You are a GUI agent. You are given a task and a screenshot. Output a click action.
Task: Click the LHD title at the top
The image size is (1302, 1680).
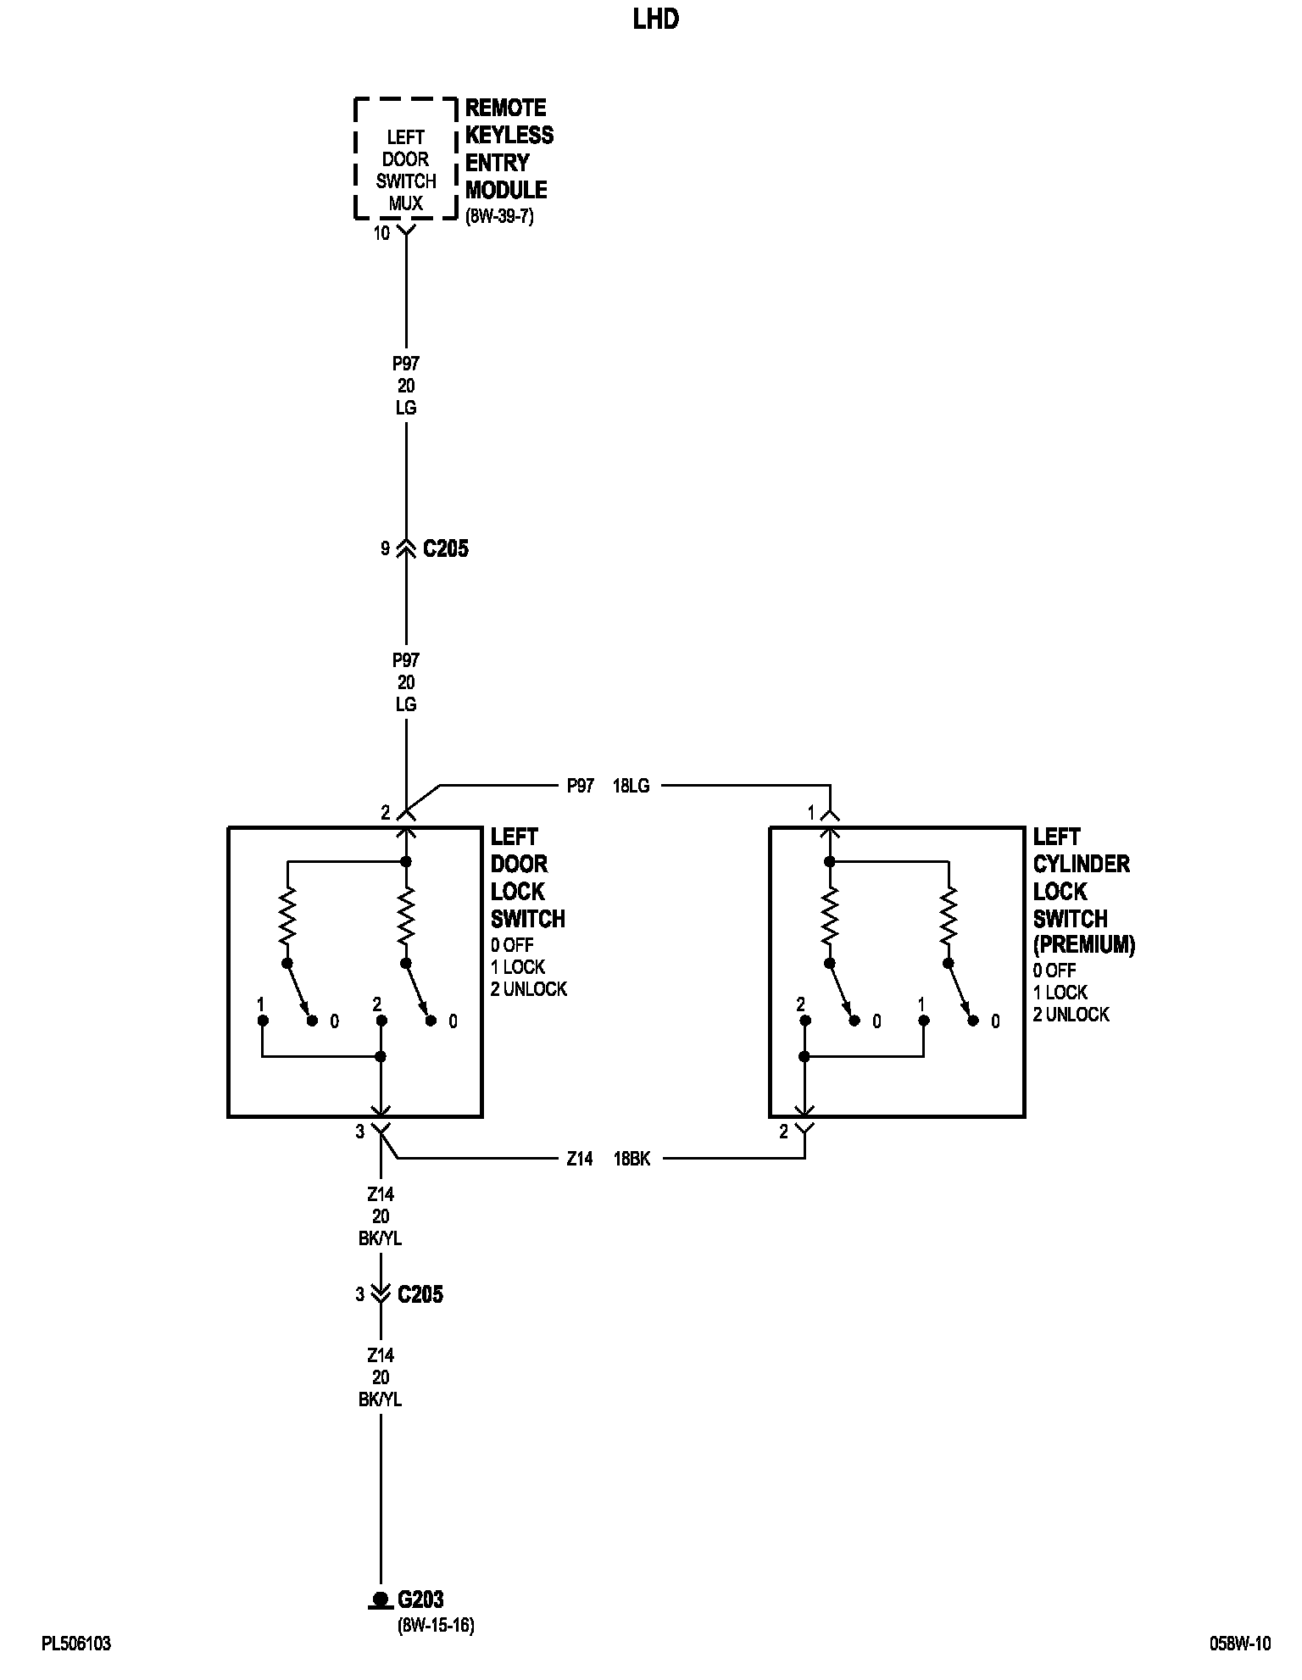click(655, 19)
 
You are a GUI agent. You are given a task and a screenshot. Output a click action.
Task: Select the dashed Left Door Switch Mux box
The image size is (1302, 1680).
click(406, 159)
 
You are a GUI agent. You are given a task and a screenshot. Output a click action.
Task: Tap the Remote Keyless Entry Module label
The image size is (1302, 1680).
click(509, 148)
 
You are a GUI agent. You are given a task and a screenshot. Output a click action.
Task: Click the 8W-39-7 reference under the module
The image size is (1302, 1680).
click(499, 216)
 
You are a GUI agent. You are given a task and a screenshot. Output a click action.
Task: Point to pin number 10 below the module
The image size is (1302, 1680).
click(381, 233)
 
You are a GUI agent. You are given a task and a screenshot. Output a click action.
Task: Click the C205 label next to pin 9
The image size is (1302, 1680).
click(445, 549)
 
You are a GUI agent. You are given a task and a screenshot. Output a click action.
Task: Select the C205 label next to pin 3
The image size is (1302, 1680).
click(420, 1294)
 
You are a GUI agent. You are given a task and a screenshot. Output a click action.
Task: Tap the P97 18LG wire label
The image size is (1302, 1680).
click(608, 786)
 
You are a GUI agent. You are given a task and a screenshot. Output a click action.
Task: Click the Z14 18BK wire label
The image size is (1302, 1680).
click(608, 1159)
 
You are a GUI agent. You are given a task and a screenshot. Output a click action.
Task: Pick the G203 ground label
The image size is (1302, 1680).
click(420, 1599)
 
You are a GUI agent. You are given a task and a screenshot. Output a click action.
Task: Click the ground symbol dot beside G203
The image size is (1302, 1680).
click(380, 1599)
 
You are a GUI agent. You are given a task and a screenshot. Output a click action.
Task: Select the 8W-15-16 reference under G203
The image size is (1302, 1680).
click(435, 1626)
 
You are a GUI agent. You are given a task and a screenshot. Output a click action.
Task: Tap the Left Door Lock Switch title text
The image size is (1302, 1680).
click(526, 877)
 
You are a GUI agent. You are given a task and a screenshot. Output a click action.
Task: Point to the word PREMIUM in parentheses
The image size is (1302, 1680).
click(1083, 944)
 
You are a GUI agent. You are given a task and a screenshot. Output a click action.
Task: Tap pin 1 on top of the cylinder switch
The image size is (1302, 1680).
click(811, 814)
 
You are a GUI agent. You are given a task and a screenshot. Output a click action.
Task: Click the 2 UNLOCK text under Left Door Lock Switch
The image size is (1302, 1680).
click(528, 989)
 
